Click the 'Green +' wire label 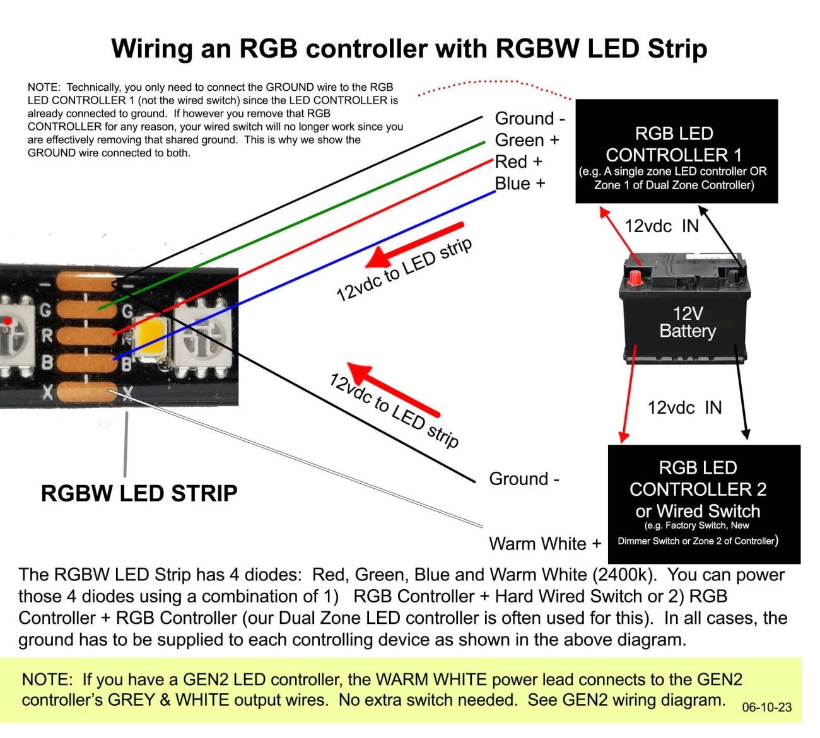pos(527,140)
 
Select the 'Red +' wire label pos(518,162)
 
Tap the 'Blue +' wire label pos(520,184)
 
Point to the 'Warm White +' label pos(545,544)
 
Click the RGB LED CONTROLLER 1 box pos(676,151)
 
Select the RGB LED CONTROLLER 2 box pos(704,504)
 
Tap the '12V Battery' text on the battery pos(688,322)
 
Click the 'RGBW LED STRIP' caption pos(139,493)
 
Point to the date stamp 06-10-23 pos(766,707)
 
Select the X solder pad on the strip pos(86,392)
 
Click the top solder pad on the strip pos(86,281)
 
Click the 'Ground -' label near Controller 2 pos(524,479)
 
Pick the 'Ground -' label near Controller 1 pos(530,119)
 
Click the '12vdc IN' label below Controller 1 pos(662,226)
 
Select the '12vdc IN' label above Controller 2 pos(684,407)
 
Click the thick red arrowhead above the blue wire pos(379,257)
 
